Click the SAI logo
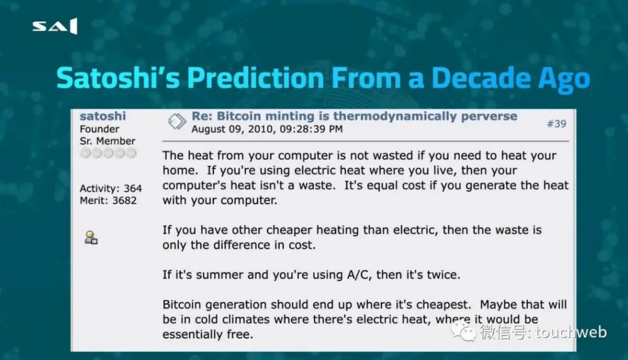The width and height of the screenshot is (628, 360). [x=55, y=26]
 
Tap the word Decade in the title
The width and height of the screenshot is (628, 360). [x=481, y=78]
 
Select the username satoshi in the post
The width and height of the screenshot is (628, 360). [x=102, y=116]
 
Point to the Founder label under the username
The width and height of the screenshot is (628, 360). [x=99, y=129]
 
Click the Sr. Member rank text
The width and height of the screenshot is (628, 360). [x=107, y=141]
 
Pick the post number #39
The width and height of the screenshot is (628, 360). [x=557, y=124]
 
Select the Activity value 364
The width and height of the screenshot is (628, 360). [x=132, y=188]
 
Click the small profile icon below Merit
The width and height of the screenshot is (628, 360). [x=91, y=237]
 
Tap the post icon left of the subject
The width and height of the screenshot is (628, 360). [x=177, y=121]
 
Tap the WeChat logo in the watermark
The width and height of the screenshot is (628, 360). [x=464, y=332]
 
